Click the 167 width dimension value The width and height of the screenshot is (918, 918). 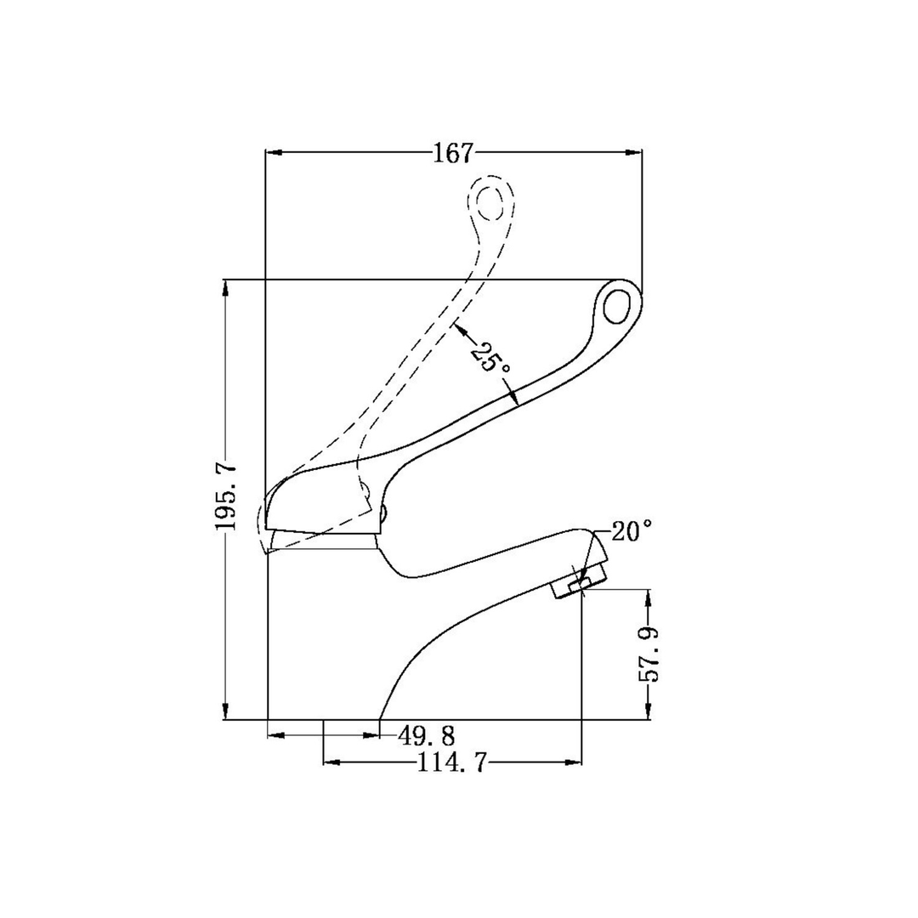coord(452,153)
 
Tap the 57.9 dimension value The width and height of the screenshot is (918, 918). coord(649,654)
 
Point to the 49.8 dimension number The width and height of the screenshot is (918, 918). coord(426,735)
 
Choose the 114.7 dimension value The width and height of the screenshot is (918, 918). coord(451,762)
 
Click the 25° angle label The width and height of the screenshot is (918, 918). coord(490,359)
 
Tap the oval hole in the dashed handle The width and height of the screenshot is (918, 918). coord(490,202)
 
